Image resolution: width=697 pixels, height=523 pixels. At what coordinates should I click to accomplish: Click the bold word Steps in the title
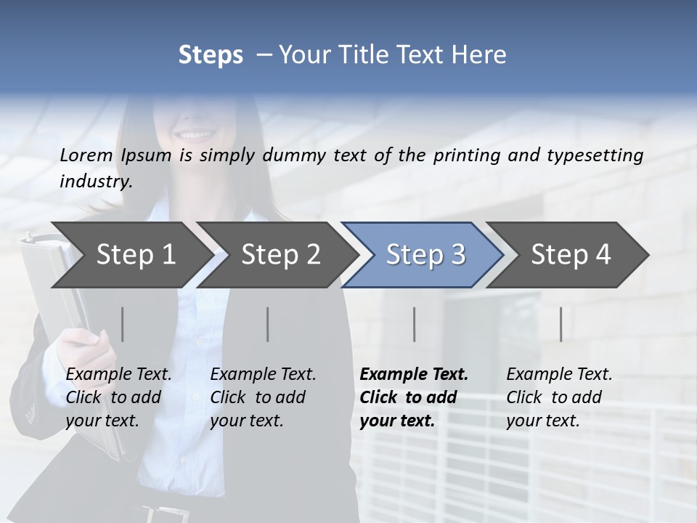pos(211,54)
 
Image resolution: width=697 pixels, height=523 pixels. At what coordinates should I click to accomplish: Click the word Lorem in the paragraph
pos(86,155)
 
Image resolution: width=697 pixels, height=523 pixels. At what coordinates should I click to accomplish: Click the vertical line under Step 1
pos(122,324)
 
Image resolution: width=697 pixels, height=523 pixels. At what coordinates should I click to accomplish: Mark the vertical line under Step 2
pos(268,324)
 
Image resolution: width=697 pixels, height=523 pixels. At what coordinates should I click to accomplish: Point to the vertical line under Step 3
pos(415,324)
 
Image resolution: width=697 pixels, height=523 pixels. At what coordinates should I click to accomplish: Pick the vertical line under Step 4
pos(561,324)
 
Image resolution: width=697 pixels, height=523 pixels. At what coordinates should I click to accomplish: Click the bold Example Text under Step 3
pos(414,397)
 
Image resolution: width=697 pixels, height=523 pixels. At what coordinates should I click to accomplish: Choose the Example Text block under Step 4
pos(559,397)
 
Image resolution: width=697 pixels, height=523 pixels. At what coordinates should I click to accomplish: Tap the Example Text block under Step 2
pos(263,397)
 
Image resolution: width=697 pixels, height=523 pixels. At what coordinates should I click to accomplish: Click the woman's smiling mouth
pos(194,134)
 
